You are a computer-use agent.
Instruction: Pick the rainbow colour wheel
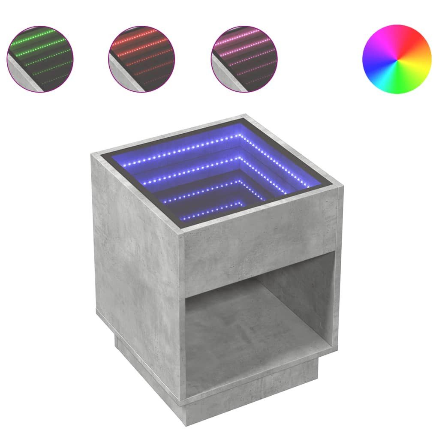pos(397,59)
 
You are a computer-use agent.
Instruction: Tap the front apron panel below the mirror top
pos(257,253)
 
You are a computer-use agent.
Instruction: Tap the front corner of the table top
pos(182,234)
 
